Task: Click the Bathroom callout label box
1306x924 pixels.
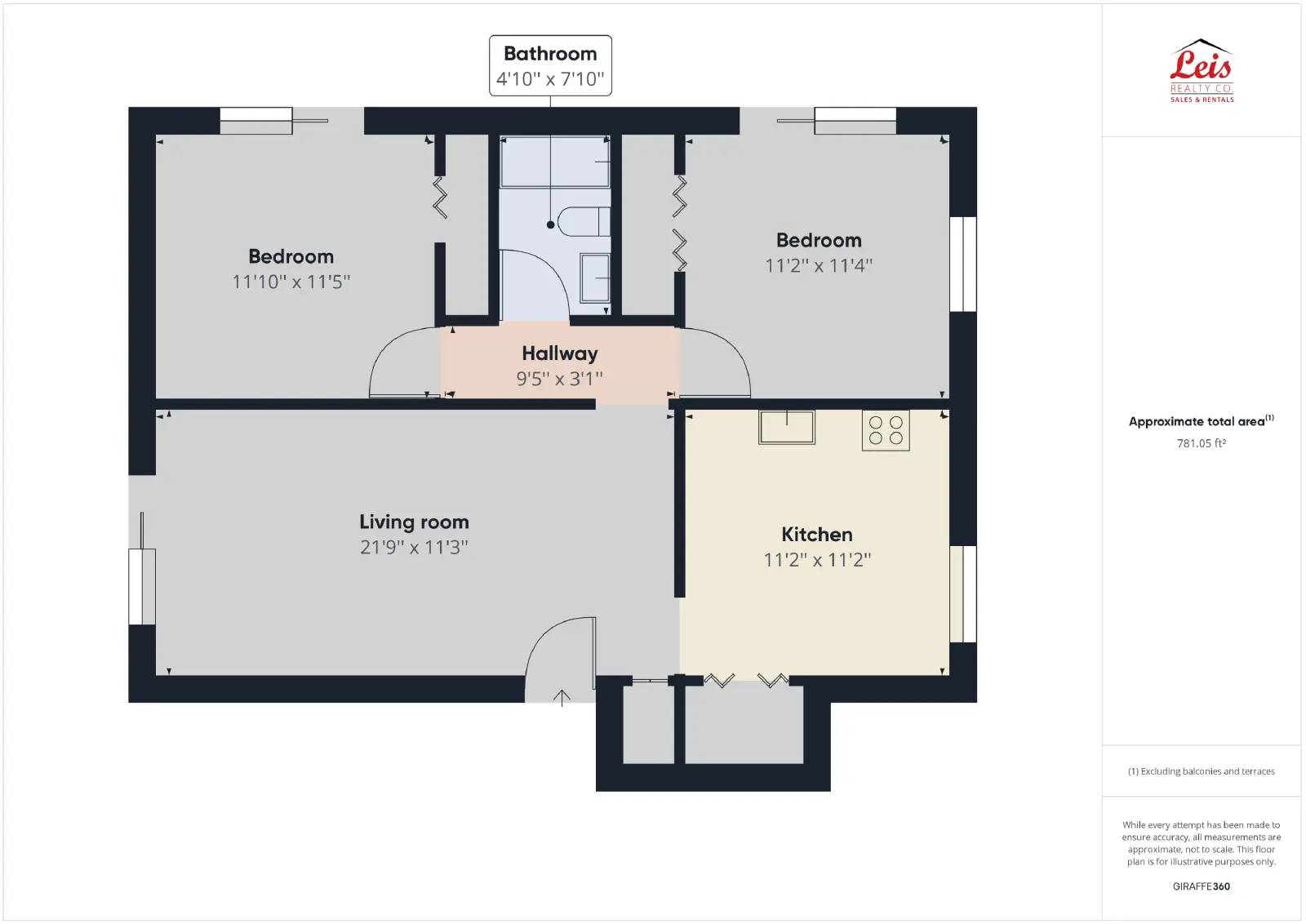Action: coord(550,65)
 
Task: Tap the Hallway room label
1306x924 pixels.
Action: coord(560,353)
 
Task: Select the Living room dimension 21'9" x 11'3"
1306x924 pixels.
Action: coord(414,547)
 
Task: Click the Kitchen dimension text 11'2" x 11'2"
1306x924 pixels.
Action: coord(817,560)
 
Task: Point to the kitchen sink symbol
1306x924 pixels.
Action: coord(786,427)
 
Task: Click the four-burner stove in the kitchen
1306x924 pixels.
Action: coord(886,430)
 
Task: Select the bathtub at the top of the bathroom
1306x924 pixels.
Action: coord(554,162)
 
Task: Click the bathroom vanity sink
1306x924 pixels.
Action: coord(595,278)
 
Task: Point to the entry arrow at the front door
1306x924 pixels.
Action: coord(562,698)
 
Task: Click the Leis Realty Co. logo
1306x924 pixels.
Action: coord(1202,71)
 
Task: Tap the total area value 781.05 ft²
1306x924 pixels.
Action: coord(1201,443)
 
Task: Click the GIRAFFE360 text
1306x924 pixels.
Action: coord(1201,886)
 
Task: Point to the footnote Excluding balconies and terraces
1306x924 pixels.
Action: coord(1201,771)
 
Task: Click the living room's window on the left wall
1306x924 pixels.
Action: coord(142,587)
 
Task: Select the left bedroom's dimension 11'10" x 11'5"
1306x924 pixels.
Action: coord(291,282)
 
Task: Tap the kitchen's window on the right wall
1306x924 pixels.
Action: coord(962,593)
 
